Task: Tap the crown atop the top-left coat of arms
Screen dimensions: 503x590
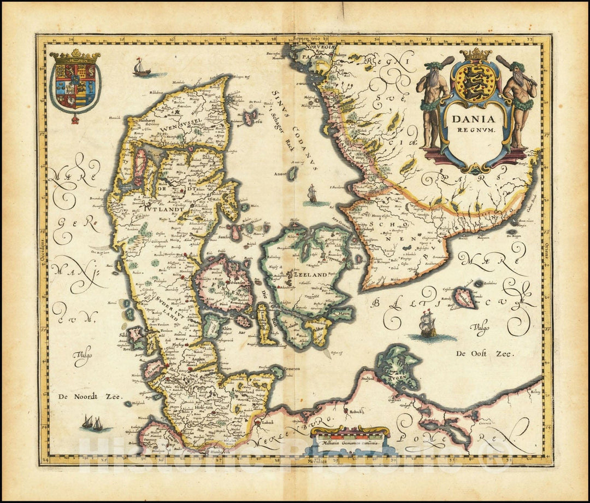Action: [75, 56]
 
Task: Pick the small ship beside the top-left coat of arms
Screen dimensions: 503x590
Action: [141, 68]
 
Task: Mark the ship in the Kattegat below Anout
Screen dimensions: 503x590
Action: [312, 194]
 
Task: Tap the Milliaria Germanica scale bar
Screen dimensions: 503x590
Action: [350, 437]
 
